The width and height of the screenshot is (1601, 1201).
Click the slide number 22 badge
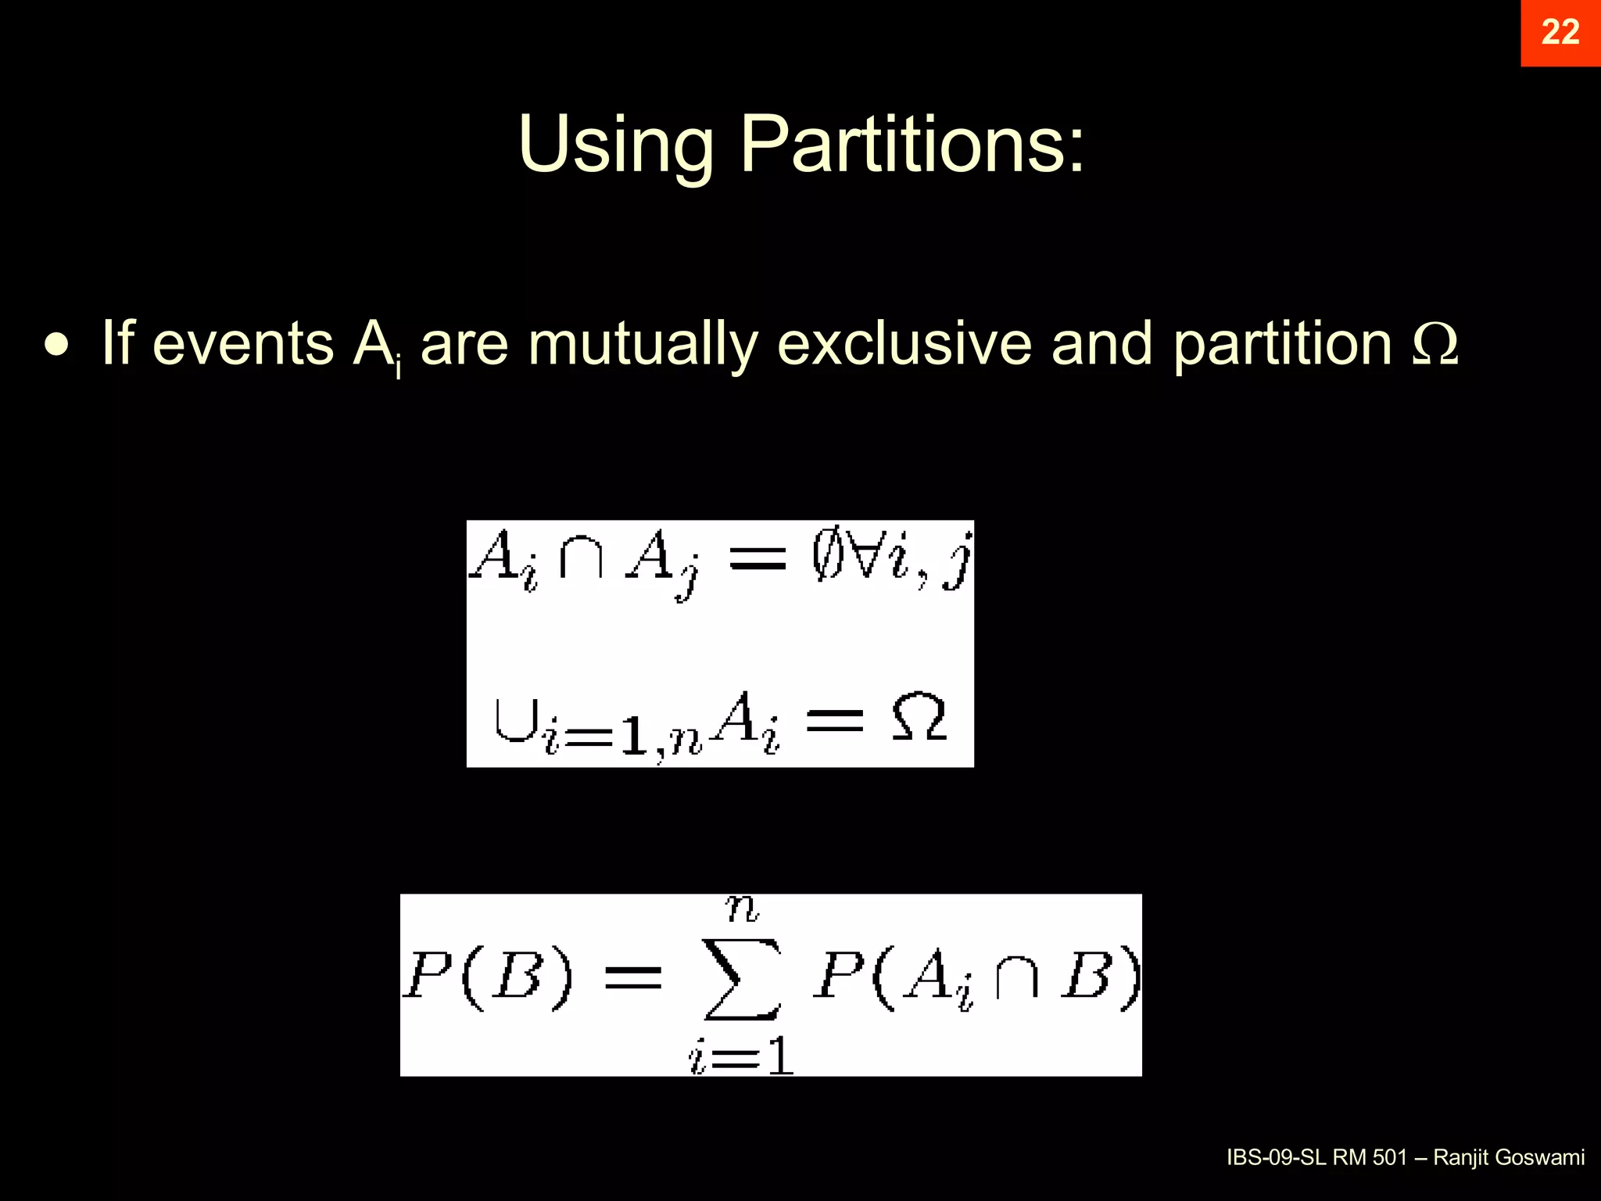(x=1560, y=33)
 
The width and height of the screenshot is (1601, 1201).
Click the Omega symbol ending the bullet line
(x=1435, y=344)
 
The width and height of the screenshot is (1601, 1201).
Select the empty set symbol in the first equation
(x=828, y=558)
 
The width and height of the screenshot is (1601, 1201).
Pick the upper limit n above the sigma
(x=742, y=909)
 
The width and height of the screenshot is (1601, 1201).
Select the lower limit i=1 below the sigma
(x=742, y=1057)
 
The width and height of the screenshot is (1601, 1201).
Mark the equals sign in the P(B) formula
(x=633, y=977)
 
